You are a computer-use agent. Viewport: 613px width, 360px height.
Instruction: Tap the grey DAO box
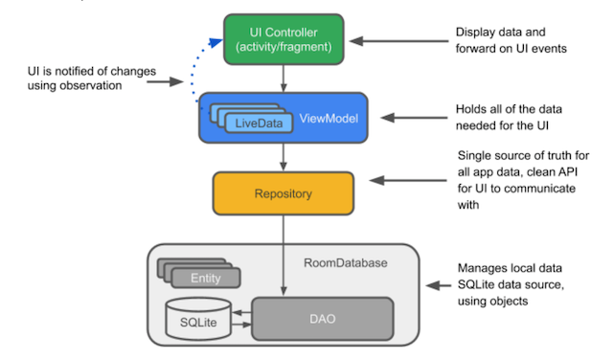(322, 319)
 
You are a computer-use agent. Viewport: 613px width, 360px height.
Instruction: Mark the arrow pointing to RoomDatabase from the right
(438, 284)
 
